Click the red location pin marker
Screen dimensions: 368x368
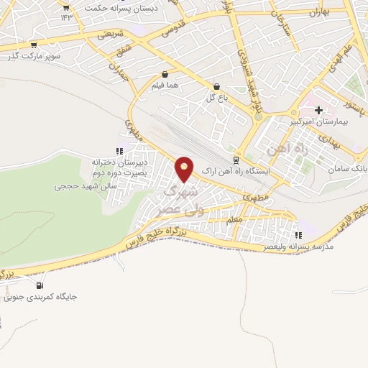(x=185, y=168)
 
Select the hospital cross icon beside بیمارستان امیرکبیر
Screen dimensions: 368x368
(x=318, y=110)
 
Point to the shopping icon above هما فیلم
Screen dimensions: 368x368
(x=165, y=74)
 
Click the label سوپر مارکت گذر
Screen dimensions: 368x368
(x=34, y=55)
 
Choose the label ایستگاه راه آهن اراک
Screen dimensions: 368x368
(x=236, y=172)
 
